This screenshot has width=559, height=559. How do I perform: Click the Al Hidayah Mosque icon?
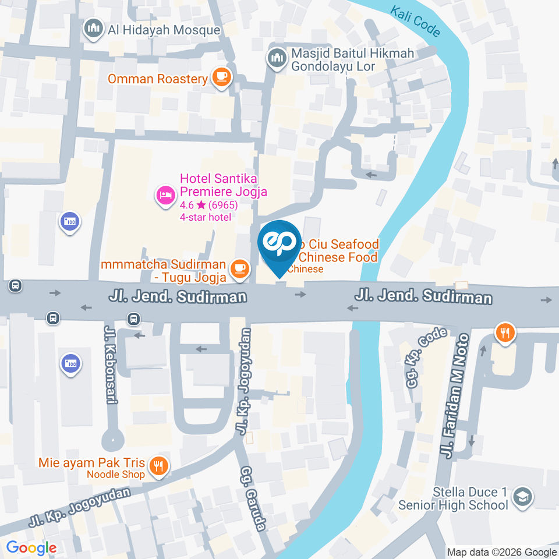click(94, 29)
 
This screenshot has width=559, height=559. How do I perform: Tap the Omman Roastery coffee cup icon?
click(221, 78)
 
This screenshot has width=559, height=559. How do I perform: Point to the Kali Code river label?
click(416, 22)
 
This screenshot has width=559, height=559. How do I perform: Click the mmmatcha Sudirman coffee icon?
click(239, 268)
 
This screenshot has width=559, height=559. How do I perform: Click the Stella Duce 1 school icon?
click(523, 497)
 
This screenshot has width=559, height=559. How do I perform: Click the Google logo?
click(31, 548)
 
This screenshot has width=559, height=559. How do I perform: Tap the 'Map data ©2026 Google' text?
click(502, 552)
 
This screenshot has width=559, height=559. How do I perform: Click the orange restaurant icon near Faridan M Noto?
click(504, 334)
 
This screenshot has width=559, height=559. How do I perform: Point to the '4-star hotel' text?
click(206, 217)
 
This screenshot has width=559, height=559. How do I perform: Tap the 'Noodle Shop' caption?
click(115, 475)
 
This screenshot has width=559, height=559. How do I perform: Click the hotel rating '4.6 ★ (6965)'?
click(208, 205)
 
